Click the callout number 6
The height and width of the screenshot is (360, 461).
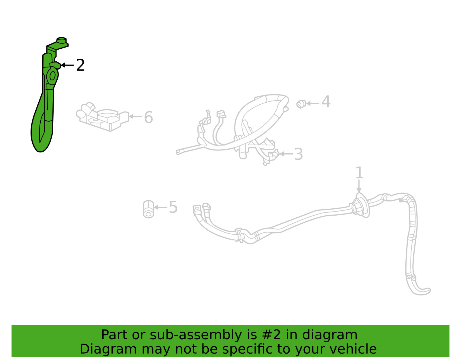click(x=148, y=117)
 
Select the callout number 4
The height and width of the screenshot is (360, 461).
click(x=326, y=101)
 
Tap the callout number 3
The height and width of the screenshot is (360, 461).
click(x=298, y=154)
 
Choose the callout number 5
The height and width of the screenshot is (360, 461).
click(x=173, y=207)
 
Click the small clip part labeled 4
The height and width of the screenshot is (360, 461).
click(x=301, y=104)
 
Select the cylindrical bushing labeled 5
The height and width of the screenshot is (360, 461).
click(x=148, y=209)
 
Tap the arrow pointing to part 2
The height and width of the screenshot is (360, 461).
click(x=67, y=65)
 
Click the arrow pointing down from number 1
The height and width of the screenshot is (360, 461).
click(x=359, y=186)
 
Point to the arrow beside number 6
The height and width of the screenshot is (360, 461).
click(x=135, y=116)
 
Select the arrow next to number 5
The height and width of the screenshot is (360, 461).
click(x=160, y=207)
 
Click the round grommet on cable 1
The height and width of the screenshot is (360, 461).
click(x=361, y=206)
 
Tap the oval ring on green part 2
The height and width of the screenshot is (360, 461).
click(x=52, y=75)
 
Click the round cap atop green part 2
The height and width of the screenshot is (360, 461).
click(x=62, y=40)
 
